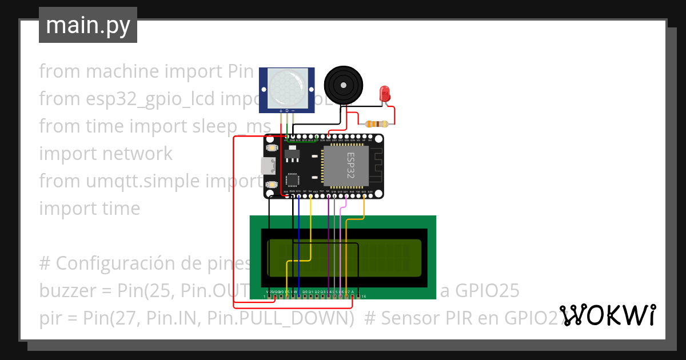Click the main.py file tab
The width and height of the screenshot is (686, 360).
click(87, 25)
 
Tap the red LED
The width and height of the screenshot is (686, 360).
click(385, 93)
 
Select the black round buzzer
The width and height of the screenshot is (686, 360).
click(344, 85)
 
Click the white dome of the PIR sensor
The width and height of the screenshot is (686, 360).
click(287, 83)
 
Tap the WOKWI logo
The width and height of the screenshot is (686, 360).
click(608, 315)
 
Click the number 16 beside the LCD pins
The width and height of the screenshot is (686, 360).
click(364, 297)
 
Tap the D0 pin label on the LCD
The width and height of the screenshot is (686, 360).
click(305, 291)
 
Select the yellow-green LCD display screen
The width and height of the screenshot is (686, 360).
click(344, 258)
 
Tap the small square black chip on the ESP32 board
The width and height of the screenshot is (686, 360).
click(292, 179)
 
